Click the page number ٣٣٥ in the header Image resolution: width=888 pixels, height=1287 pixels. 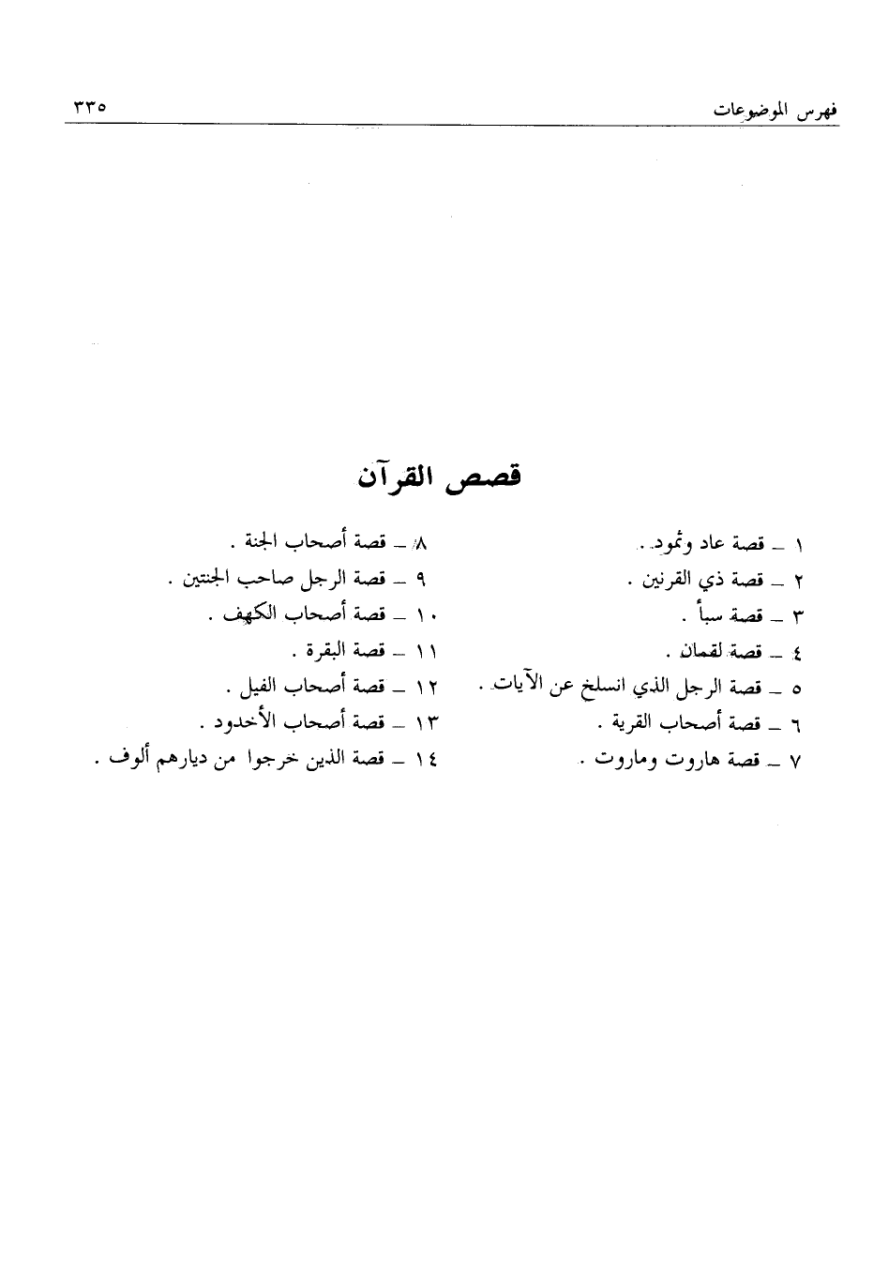point(85,107)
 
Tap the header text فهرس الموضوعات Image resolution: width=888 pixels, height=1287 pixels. point(774,110)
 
